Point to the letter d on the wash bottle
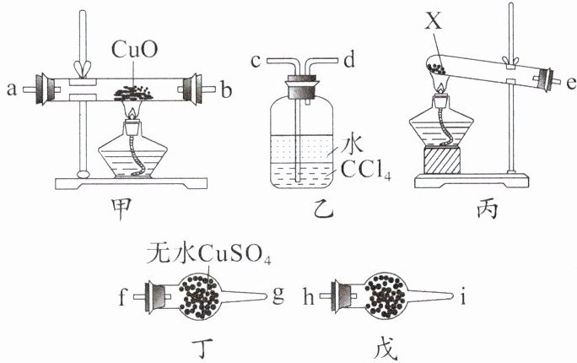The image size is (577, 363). [347, 60]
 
